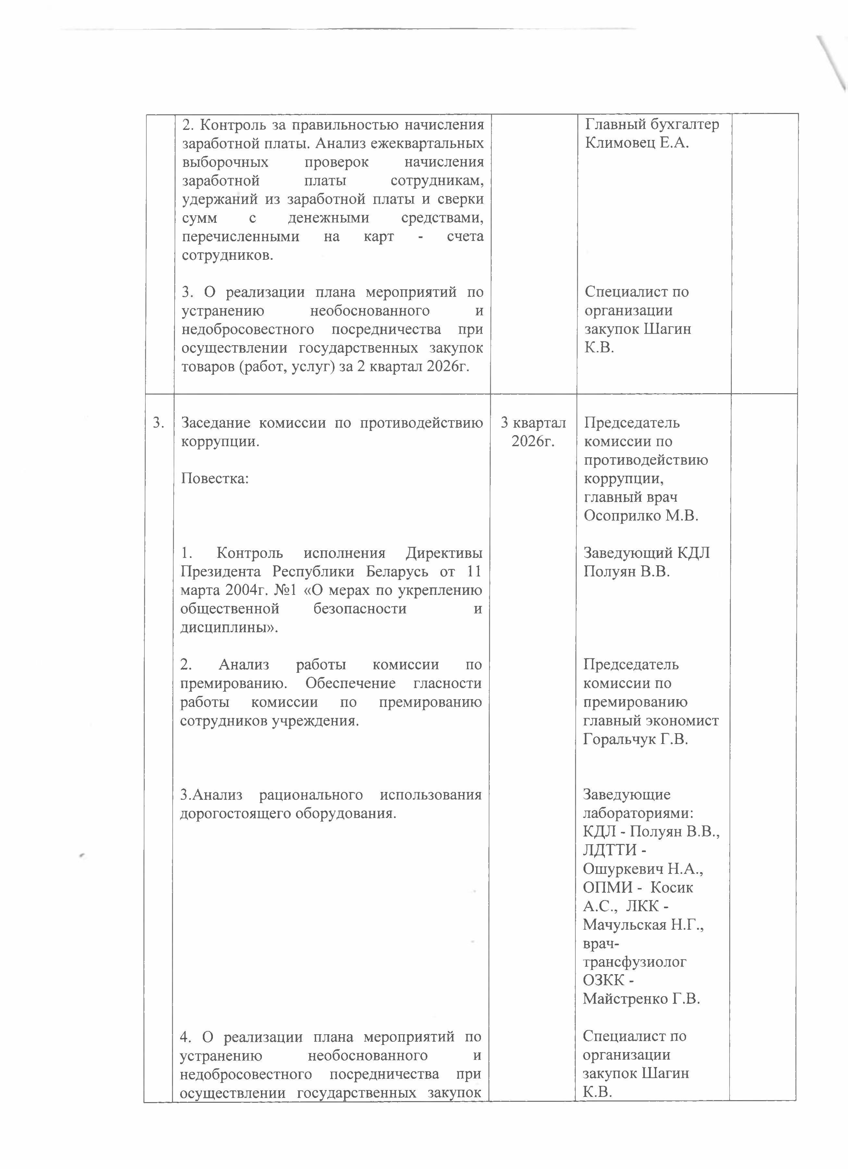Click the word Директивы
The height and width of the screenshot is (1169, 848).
coord(444,553)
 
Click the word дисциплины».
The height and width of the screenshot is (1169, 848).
coord(229,628)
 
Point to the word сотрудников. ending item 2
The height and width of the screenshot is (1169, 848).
coord(228,256)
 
